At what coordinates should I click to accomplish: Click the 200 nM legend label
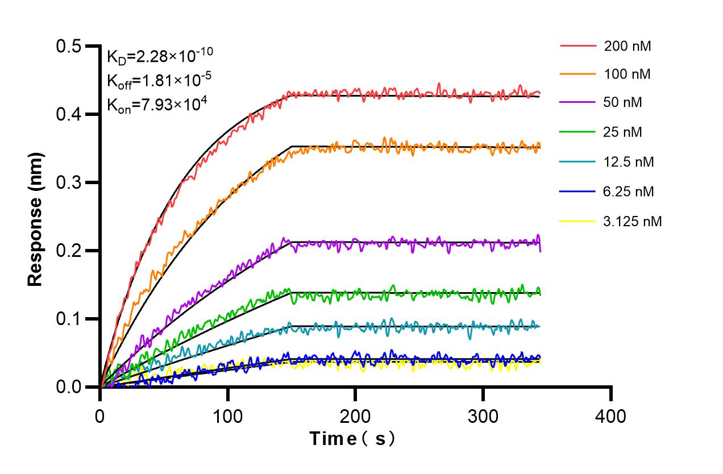[x=628, y=46]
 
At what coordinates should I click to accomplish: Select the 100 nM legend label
[x=628, y=74]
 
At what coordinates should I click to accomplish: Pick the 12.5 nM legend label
[x=629, y=162]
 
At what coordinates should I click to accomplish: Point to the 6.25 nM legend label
[x=629, y=192]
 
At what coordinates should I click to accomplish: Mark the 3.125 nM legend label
[x=633, y=221]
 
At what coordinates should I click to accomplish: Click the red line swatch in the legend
[x=578, y=46]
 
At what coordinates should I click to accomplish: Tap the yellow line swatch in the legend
[x=578, y=221]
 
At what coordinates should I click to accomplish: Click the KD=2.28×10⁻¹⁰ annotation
[x=160, y=56]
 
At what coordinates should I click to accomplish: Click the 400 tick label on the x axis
[x=611, y=416]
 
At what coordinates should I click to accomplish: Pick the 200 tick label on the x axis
[x=355, y=416]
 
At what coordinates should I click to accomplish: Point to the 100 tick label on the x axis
[x=227, y=416]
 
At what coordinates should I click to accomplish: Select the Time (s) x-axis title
[x=352, y=439]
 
